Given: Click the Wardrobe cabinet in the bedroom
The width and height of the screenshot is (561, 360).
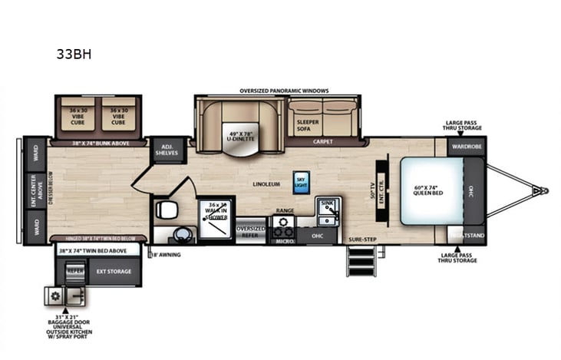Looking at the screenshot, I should [x=466, y=145].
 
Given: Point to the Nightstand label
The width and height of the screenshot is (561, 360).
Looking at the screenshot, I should [x=466, y=233].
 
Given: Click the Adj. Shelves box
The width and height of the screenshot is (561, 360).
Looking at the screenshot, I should [x=166, y=149].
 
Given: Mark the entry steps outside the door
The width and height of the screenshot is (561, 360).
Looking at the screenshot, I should [x=358, y=266].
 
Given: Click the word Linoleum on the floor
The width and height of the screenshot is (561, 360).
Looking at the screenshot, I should [x=266, y=184].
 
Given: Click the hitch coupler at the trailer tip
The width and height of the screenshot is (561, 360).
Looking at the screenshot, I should [x=544, y=189].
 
